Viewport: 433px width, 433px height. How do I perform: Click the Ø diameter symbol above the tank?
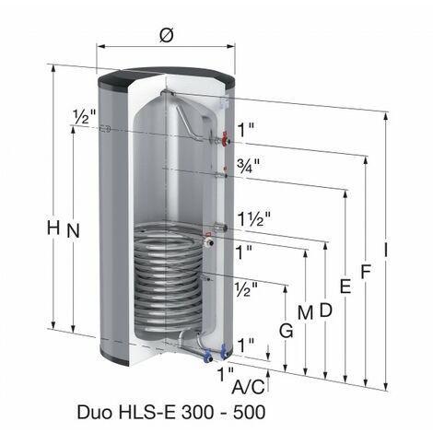[x=167, y=34]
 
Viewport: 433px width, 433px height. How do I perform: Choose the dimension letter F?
[x=366, y=273]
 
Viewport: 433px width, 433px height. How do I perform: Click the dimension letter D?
[x=325, y=310]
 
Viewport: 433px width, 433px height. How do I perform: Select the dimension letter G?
[x=287, y=330]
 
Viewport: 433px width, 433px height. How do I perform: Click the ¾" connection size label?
[x=246, y=167]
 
